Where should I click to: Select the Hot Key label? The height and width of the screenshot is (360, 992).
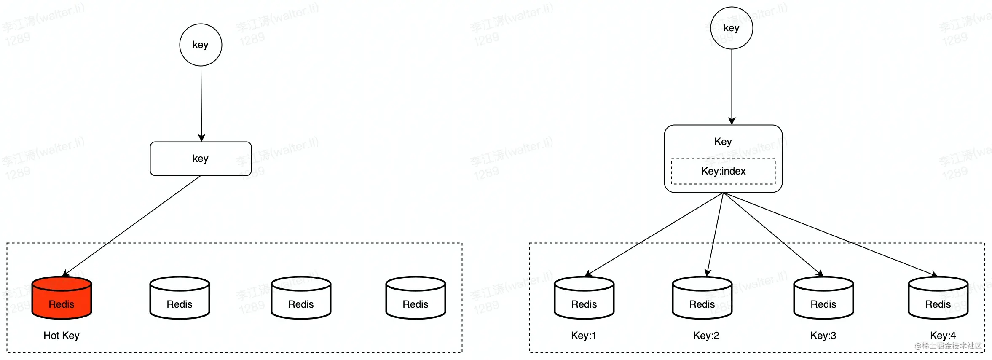(62, 336)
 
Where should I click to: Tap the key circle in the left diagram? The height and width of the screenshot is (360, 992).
(201, 45)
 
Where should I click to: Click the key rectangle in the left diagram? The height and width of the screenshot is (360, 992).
(201, 159)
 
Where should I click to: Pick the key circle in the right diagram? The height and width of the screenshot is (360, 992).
(732, 28)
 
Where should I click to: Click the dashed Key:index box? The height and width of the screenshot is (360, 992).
(723, 171)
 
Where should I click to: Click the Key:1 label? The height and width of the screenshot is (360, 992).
(584, 336)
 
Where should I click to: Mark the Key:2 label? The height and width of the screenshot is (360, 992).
(706, 336)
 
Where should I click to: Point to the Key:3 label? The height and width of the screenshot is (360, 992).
(823, 336)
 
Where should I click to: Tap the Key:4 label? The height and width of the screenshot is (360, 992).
(943, 336)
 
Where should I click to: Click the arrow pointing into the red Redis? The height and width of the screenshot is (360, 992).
(131, 226)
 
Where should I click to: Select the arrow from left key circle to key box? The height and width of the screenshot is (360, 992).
(201, 103)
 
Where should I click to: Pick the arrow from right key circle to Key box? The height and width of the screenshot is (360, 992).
(732, 86)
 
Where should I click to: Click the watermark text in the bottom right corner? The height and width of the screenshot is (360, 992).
(948, 346)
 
